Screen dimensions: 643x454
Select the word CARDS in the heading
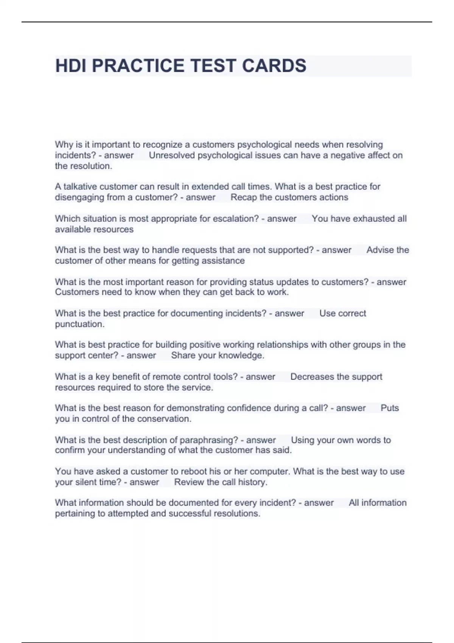point(274,66)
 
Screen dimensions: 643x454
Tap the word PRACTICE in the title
point(139,66)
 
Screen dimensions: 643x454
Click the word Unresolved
point(172,155)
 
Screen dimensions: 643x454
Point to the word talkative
point(79,186)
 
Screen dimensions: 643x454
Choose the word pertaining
point(75,514)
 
